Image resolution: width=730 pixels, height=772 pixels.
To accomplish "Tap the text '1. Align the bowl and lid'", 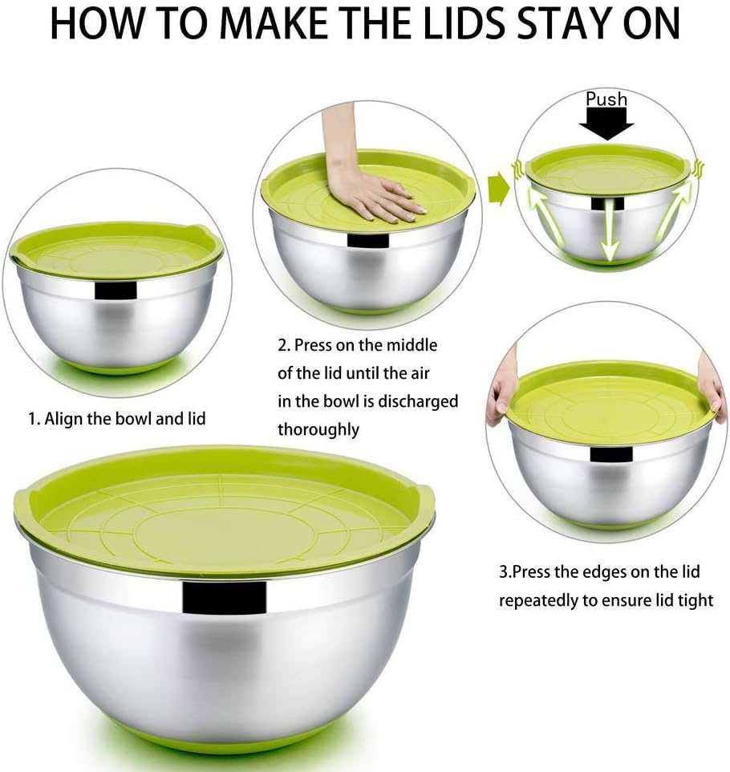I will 117,418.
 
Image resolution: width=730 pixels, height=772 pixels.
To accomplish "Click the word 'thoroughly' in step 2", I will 318,429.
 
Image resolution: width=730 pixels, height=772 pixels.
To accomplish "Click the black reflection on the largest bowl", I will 224,595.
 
